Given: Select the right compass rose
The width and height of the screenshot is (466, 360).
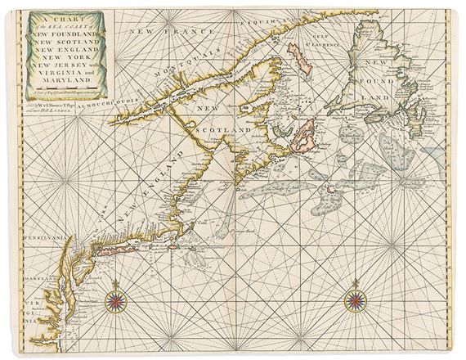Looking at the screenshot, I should point(356,299).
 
